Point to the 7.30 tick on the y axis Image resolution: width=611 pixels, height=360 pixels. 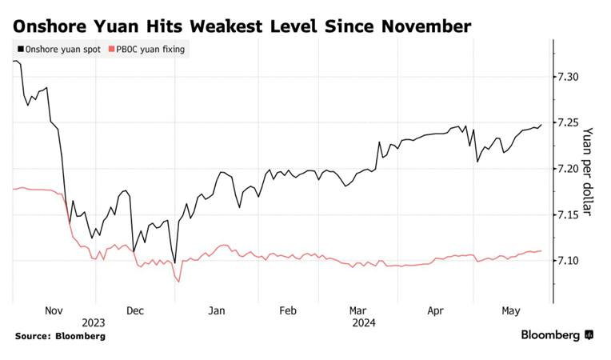(571, 77)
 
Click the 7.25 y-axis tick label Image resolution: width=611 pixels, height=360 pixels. (571, 122)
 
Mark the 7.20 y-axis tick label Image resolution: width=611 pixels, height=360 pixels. (571, 169)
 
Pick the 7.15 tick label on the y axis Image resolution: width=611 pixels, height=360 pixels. (571, 214)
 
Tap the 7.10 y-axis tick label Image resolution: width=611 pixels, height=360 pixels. (571, 261)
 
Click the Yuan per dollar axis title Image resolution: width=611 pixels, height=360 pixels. (589, 171)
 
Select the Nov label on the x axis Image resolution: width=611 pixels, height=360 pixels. (54, 310)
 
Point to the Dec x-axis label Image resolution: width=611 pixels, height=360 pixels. (134, 310)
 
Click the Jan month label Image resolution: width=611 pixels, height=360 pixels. (217, 310)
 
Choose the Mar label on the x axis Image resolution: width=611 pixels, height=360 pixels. (358, 310)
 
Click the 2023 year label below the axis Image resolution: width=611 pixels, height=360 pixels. (93, 322)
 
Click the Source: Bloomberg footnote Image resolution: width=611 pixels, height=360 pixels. (60, 336)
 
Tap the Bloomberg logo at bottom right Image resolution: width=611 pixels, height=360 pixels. (557, 335)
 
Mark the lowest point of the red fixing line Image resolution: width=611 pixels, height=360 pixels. (178, 282)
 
